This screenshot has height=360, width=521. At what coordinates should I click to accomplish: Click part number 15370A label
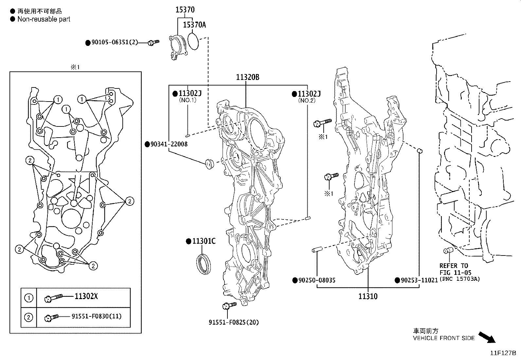[194, 25]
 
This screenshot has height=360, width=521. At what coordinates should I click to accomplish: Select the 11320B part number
[248, 77]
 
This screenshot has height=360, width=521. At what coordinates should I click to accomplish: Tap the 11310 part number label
[368, 296]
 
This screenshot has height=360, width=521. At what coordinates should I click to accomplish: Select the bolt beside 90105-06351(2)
[153, 42]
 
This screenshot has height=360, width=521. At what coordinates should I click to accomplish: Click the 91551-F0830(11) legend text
[97, 316]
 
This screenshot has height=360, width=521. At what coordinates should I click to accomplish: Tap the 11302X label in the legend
[86, 296]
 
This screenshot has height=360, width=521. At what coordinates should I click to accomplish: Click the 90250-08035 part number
[316, 280]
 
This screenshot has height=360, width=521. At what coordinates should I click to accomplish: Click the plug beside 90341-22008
[208, 163]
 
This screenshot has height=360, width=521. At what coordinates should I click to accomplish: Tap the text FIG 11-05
[454, 272]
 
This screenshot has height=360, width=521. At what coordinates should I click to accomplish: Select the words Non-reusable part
[44, 19]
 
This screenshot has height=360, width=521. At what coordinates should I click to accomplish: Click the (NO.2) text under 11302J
[306, 101]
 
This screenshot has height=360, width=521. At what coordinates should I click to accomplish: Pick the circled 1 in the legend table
[29, 298]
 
